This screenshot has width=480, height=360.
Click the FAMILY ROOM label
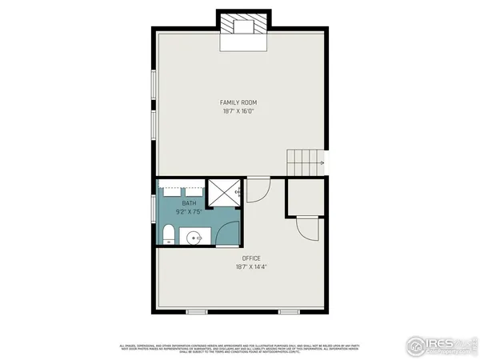pos(238,102)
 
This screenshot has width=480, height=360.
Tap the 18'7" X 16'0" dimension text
pos(238,112)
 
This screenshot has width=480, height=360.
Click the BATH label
pos(189,204)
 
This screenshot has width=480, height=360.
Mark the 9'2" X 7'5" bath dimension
pos(189,213)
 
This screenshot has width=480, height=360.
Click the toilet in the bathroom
pos(168,235)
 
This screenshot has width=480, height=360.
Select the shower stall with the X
pos(223,194)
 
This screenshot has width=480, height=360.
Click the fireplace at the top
pos(239,26)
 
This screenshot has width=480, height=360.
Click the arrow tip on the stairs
pos(322,163)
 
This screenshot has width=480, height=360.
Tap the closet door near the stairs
pos(308,229)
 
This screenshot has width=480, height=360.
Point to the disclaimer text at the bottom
pos(240,347)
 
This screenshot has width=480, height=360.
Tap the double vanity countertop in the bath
pos(181,192)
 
